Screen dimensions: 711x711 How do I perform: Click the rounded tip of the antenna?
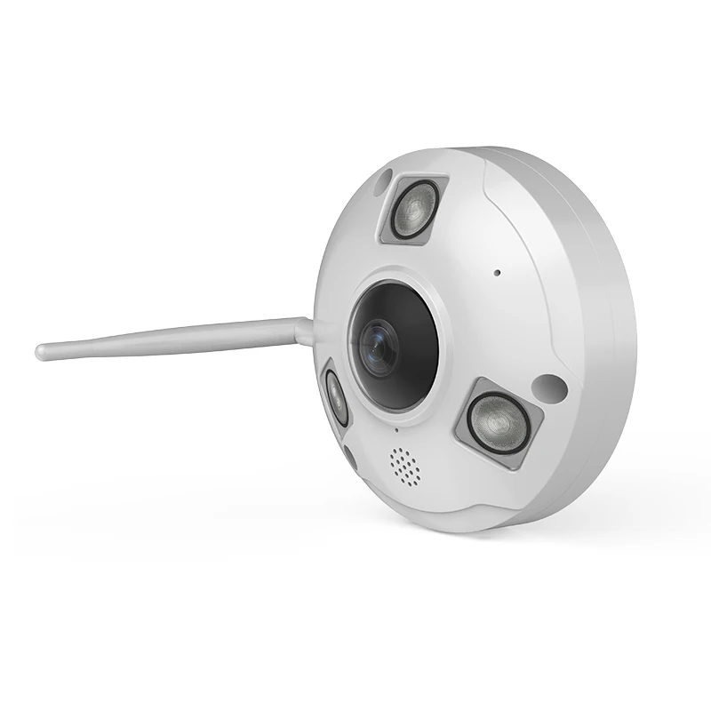pos(42,352)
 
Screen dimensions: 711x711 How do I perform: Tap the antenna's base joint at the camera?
pos(305,331)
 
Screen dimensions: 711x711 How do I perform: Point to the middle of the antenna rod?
pos(169,340)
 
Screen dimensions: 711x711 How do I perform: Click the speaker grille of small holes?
pos(404,466)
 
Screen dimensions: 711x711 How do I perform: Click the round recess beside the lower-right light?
pos(550,387)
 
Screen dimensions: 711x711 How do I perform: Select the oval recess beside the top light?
pos(382,181)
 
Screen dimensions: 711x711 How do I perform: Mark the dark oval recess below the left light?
pos(349,457)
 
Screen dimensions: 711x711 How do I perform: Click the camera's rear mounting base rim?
pos(613,338)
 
